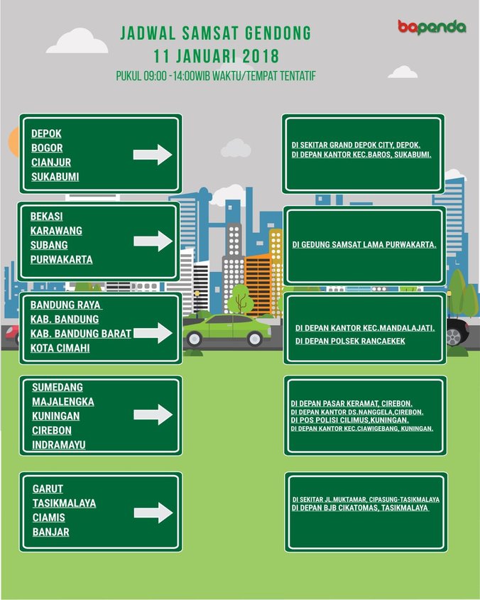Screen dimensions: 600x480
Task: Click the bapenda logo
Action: [431, 28]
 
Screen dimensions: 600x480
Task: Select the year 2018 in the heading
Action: [258, 55]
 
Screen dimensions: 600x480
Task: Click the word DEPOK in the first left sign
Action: [46, 133]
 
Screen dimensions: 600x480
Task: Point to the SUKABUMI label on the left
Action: [55, 177]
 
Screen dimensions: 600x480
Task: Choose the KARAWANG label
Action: [56, 231]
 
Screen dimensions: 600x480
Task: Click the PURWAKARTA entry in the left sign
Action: [61, 259]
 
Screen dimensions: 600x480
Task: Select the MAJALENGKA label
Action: [63, 402]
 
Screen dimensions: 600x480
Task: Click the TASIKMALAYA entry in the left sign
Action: [64, 503]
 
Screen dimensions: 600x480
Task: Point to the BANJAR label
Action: [50, 532]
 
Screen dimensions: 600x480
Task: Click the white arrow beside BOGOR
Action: [153, 155]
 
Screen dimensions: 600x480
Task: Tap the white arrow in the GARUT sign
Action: [153, 512]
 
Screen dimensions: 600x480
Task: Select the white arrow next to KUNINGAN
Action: [153, 415]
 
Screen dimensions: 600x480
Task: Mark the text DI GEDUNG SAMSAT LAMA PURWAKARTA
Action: [364, 244]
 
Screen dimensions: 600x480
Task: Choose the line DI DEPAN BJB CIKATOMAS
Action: [360, 508]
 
